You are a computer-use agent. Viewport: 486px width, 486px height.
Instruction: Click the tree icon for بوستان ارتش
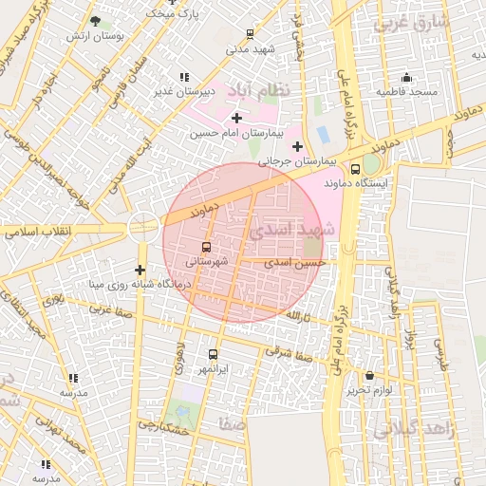94,20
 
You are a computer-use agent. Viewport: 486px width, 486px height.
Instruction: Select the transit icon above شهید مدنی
250,33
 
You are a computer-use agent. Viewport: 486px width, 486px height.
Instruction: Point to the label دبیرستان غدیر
185,92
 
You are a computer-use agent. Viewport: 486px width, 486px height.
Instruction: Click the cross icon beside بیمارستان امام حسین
236,118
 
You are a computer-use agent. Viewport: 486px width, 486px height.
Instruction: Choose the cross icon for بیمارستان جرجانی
298,146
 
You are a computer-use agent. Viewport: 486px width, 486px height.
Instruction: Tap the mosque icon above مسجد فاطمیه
406,77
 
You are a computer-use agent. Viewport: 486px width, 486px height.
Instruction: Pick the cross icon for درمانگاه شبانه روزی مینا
140,270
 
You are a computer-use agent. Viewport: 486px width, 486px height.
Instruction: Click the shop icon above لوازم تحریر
369,376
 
